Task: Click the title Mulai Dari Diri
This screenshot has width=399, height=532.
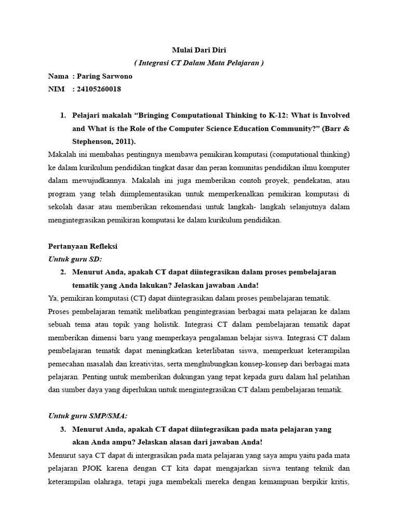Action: click(x=199, y=50)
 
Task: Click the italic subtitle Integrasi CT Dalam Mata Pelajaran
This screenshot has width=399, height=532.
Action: click(x=199, y=63)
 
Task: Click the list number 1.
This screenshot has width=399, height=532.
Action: click(x=63, y=115)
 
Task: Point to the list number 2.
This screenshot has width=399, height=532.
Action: click(x=63, y=272)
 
